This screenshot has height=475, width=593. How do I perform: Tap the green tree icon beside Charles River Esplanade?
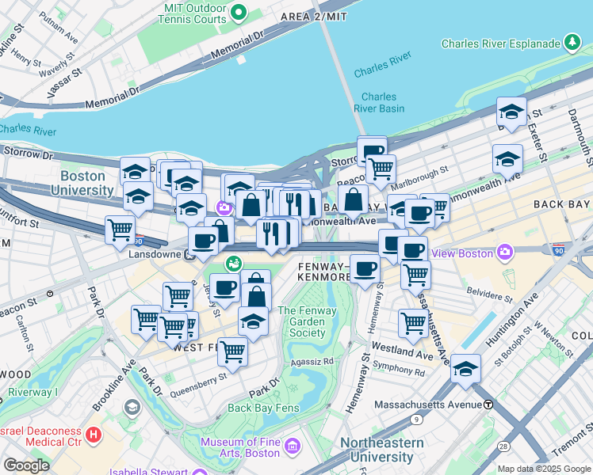[x=571, y=43]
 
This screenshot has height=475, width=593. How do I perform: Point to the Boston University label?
[x=82, y=183]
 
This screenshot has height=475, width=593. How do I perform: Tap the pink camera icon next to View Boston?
[x=504, y=253]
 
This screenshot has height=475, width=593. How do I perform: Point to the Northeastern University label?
[x=377, y=450]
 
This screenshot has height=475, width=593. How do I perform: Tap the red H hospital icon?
[x=94, y=434]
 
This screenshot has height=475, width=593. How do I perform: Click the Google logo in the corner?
[x=26, y=465]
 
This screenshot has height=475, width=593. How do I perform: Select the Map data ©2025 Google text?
[x=544, y=469]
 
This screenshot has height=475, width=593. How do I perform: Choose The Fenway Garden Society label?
[x=307, y=321]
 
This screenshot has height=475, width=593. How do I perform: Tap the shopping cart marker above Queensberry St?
[x=232, y=351]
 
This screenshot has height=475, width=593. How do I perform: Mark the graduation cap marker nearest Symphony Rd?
[x=465, y=368]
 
